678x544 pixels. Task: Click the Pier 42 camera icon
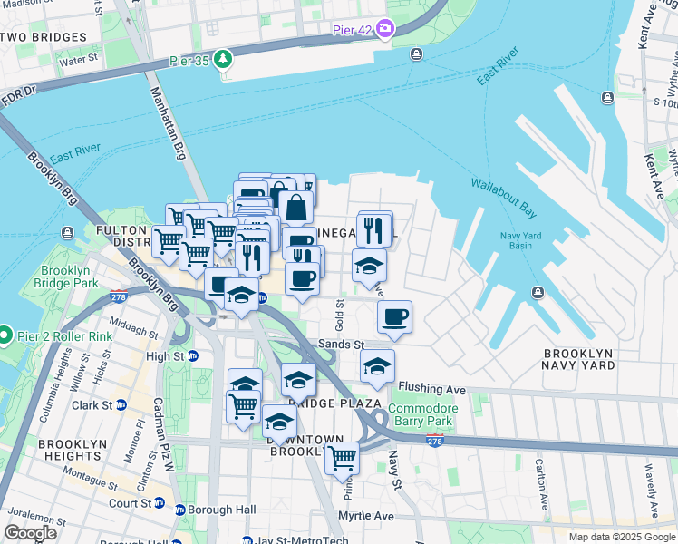point(386,29)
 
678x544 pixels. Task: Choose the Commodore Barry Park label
point(423,414)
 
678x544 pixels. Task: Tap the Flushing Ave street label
point(431,389)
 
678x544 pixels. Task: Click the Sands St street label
point(340,345)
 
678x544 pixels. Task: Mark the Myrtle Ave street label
point(367,516)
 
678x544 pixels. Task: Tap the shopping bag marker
point(295,207)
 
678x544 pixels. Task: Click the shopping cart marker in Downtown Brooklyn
point(342,458)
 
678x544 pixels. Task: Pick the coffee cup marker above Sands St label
point(394,317)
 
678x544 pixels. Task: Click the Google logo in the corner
point(30,533)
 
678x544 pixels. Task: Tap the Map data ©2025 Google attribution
point(621,537)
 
